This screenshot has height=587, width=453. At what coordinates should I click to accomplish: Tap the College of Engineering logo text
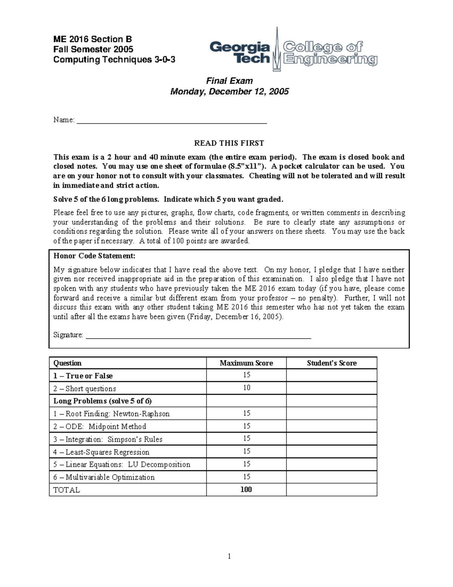click(x=330, y=53)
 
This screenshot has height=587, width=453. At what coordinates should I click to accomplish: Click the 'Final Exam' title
click(x=229, y=81)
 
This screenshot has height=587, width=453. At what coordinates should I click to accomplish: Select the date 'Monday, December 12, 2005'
click(x=229, y=91)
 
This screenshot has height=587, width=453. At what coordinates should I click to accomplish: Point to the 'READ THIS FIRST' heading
click(x=229, y=143)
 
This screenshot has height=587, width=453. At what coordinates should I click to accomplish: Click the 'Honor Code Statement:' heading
click(x=94, y=256)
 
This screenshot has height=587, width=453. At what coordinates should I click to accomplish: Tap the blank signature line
click(x=199, y=336)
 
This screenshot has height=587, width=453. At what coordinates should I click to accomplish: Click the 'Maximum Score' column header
click(x=246, y=363)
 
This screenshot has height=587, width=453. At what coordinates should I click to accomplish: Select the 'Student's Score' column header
click(x=331, y=363)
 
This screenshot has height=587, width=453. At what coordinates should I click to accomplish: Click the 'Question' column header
click(x=68, y=363)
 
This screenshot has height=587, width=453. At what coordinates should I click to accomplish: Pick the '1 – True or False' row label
click(x=83, y=376)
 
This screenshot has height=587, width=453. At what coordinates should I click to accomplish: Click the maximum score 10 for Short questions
click(x=247, y=388)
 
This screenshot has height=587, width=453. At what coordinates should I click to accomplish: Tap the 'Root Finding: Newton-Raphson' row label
click(x=111, y=414)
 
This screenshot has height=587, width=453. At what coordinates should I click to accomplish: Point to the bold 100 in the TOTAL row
click(x=246, y=489)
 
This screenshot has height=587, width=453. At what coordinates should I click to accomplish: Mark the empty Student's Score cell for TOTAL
click(x=331, y=490)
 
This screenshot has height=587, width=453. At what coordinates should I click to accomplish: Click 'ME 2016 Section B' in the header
click(x=92, y=39)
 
